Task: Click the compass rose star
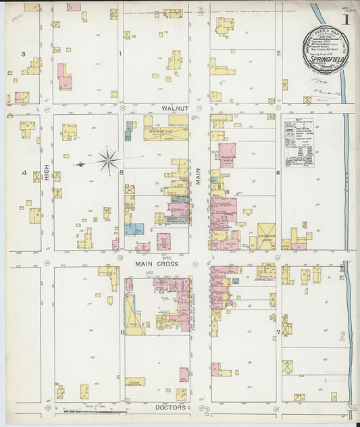coord(107,161)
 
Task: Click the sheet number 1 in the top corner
coord(346,20)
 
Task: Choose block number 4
coord(24,173)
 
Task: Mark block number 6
coord(278,173)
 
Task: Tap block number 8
coord(122,332)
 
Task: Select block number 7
coord(278,332)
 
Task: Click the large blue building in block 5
coord(133,229)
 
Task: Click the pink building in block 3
coord(64,78)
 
